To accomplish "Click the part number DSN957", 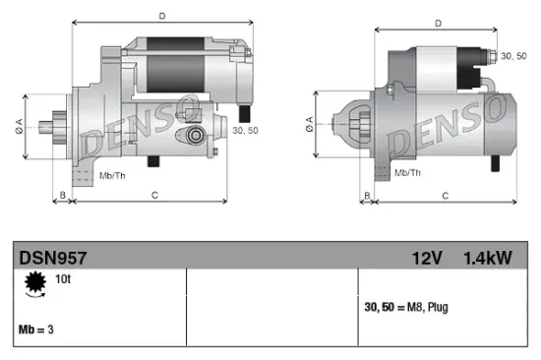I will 53,258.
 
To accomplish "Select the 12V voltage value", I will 427,258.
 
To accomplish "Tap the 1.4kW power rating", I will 488,258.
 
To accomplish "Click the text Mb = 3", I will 36,329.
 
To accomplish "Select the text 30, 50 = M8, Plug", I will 406,308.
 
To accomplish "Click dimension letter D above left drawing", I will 160,15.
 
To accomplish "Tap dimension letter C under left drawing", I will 155,196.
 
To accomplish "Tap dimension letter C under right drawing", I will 446,196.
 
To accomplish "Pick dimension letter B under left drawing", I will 63,196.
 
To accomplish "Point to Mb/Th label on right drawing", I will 407,173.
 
